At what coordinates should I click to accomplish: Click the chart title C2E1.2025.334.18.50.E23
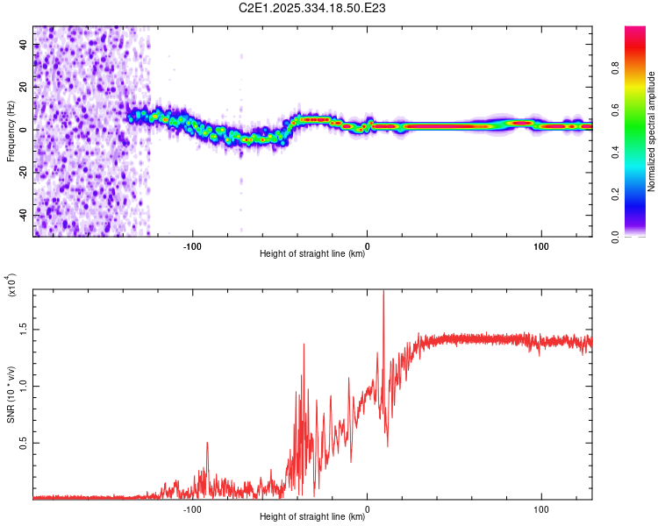(x=313, y=8)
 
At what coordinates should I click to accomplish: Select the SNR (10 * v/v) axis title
(x=11, y=394)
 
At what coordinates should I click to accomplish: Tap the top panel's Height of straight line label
(x=312, y=254)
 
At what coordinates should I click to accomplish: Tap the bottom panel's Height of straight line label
(x=312, y=517)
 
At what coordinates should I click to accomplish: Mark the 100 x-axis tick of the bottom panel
(x=541, y=508)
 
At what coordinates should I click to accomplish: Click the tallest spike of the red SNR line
(x=383, y=293)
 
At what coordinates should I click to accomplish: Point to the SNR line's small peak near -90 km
(x=207, y=443)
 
